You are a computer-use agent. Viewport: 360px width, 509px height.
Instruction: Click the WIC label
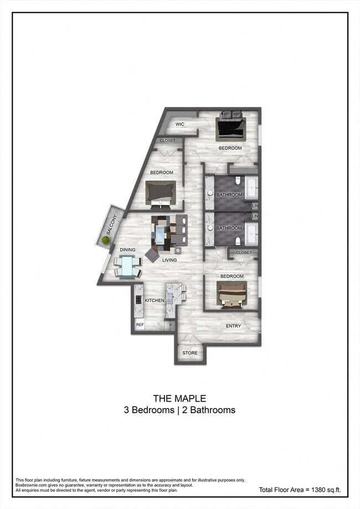180,124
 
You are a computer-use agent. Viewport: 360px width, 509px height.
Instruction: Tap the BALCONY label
111,225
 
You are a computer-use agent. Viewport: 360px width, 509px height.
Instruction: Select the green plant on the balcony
105,240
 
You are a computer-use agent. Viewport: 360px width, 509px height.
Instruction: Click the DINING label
127,250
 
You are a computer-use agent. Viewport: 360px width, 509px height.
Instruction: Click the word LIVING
169,260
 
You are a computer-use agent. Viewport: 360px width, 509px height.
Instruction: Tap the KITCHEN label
155,301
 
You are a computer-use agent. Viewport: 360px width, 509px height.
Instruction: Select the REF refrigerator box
140,325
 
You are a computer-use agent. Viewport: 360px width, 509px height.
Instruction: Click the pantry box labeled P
171,325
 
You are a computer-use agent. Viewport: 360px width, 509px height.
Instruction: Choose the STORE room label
190,353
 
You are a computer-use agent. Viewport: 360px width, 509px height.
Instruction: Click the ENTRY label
233,326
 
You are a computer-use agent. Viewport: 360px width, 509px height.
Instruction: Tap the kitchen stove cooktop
138,299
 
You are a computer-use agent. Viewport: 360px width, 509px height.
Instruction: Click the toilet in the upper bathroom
238,180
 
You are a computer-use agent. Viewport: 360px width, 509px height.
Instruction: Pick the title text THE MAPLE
179,398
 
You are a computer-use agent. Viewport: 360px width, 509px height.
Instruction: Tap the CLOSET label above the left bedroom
167,141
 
